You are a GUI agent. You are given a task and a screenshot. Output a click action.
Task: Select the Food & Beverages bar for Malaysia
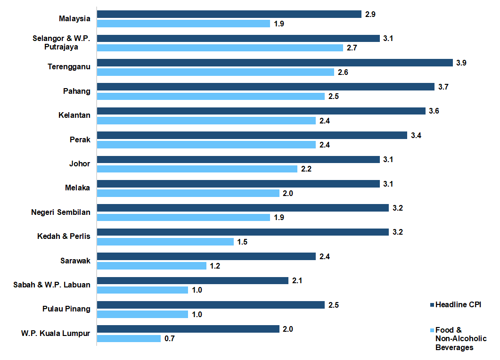click(x=183, y=24)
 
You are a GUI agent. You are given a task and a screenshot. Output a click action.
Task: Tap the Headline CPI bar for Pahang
click(x=265, y=87)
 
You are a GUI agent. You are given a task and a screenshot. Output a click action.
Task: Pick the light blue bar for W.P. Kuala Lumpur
click(x=129, y=338)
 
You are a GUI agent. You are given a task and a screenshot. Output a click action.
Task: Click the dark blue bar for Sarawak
click(x=206, y=256)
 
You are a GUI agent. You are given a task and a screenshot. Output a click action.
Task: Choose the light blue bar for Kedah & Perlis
click(x=165, y=242)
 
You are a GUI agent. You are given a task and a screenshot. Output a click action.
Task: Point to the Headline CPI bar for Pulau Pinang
click(x=211, y=305)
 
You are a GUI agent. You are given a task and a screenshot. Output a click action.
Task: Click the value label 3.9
click(x=461, y=63)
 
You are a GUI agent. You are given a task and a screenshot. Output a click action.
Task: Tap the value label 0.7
click(x=170, y=338)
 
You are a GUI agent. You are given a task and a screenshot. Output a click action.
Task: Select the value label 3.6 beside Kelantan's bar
click(x=434, y=111)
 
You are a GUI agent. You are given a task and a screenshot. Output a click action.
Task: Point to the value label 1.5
click(x=243, y=242)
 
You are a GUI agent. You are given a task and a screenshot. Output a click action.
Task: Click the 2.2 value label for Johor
click(x=306, y=169)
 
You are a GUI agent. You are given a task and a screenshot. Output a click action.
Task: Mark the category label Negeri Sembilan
click(x=60, y=212)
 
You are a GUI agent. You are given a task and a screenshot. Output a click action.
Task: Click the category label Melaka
click(x=77, y=188)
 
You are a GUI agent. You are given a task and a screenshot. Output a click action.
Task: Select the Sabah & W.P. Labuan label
click(x=52, y=284)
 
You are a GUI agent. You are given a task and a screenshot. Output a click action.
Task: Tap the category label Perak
click(x=80, y=139)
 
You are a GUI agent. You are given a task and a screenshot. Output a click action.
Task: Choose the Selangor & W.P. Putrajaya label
click(x=61, y=42)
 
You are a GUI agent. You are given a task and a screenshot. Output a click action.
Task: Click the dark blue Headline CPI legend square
click(x=432, y=305)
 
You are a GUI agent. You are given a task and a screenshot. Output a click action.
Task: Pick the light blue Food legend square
click(x=432, y=330)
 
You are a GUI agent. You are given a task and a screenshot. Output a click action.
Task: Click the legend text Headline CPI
click(x=458, y=305)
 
